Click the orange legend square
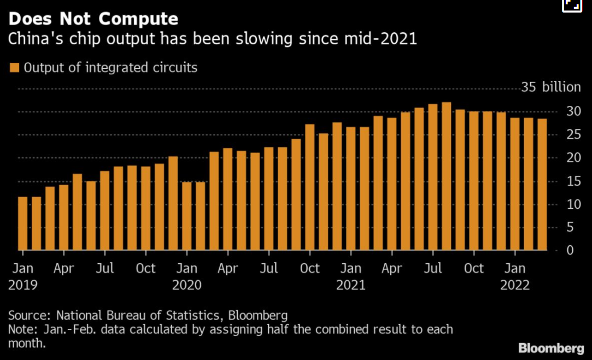[x=14, y=68]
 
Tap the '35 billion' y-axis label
[x=550, y=87]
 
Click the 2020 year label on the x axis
[x=187, y=285]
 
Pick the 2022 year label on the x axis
[x=515, y=285]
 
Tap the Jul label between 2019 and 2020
[x=104, y=268]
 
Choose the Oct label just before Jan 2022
[x=473, y=268]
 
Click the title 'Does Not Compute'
[x=93, y=19]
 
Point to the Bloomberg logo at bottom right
[x=551, y=347]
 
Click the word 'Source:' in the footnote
[x=31, y=315]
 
